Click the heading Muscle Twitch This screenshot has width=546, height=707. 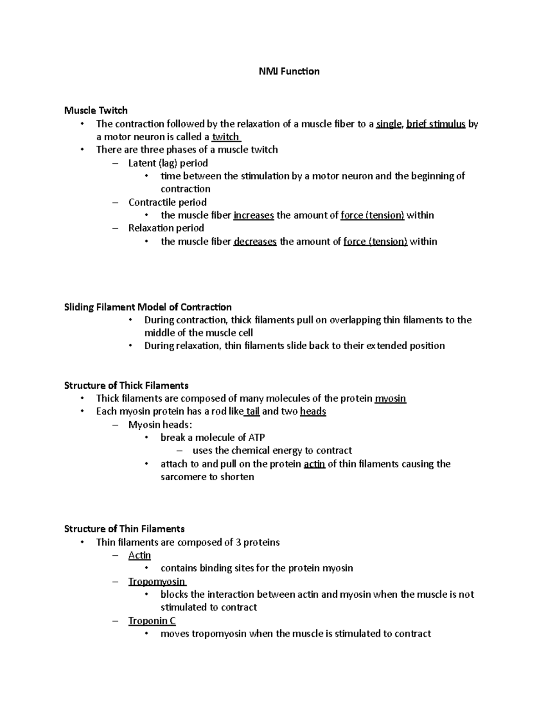pyautogui.click(x=96, y=111)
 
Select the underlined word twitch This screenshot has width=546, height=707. pyautogui.click(x=226, y=137)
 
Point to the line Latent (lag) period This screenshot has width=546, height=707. pyautogui.click(x=168, y=163)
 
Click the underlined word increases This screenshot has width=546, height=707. pyautogui.click(x=253, y=215)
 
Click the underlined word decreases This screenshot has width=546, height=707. pyautogui.click(x=255, y=242)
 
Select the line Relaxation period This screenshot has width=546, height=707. pyautogui.click(x=166, y=228)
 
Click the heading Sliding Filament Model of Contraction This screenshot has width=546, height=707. pyautogui.click(x=148, y=307)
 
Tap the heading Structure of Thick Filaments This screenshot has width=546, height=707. pyautogui.click(x=126, y=386)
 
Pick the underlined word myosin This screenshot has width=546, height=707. pyautogui.click(x=390, y=399)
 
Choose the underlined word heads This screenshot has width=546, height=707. pyautogui.click(x=313, y=412)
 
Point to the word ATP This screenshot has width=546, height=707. pyautogui.click(x=257, y=438)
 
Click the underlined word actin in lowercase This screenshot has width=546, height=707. pyautogui.click(x=314, y=464)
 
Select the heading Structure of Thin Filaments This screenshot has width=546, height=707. pyautogui.click(x=124, y=529)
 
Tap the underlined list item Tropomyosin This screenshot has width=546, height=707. pyautogui.click(x=157, y=582)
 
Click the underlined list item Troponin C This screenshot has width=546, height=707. pyautogui.click(x=152, y=621)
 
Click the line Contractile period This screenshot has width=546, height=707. pyautogui.click(x=167, y=202)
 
